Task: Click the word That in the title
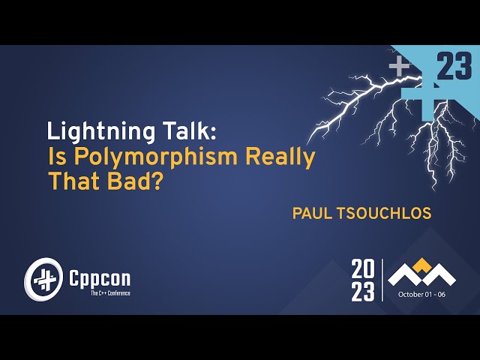(x=73, y=181)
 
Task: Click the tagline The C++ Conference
(x=109, y=292)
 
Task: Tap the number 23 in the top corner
(x=454, y=68)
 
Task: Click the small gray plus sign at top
(x=399, y=64)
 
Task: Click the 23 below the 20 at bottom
(x=363, y=291)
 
